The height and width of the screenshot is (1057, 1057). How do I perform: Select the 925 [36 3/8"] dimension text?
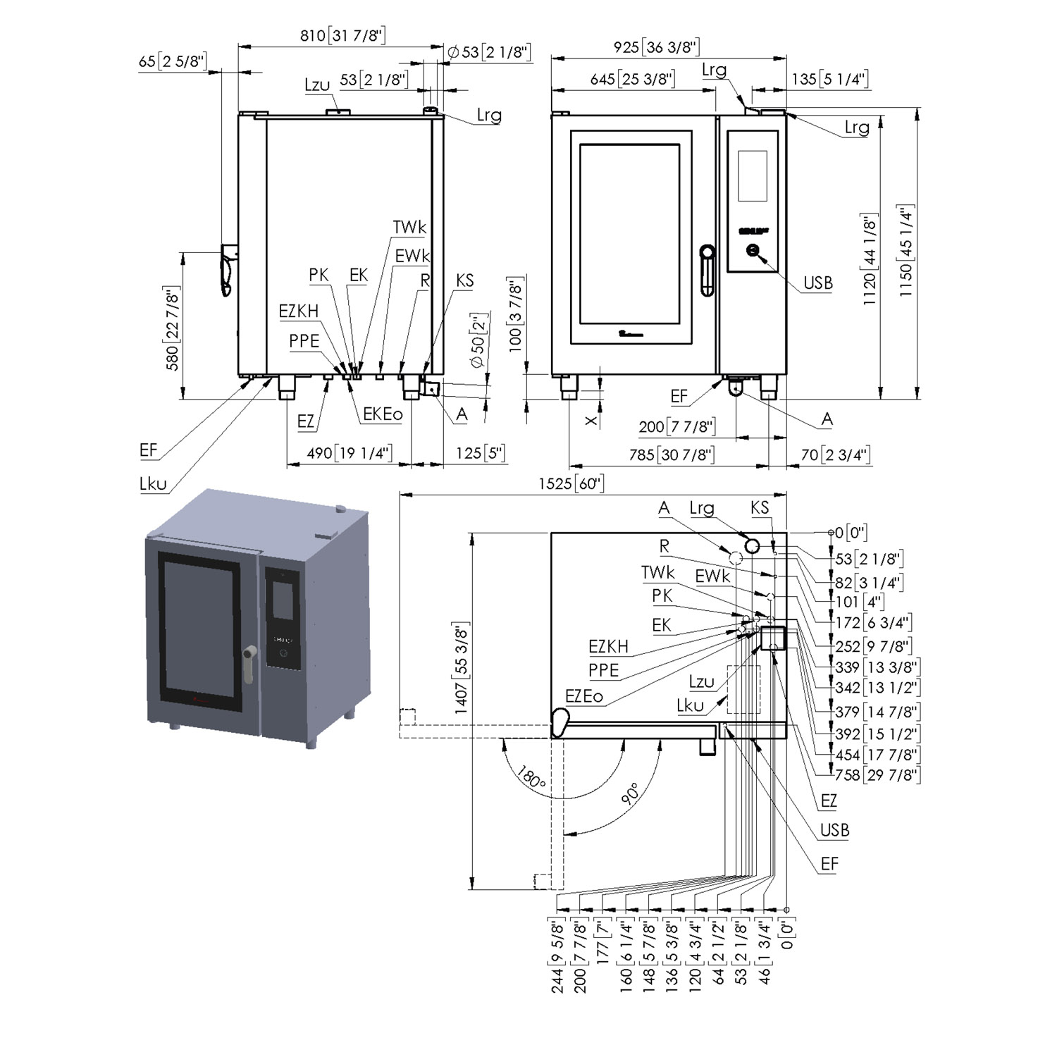(x=656, y=47)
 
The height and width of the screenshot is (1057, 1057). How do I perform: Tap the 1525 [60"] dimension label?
(x=571, y=483)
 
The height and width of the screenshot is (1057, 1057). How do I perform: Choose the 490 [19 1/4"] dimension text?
(x=350, y=452)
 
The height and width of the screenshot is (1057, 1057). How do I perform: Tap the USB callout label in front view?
(x=817, y=283)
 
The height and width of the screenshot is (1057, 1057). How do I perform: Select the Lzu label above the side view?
(x=317, y=85)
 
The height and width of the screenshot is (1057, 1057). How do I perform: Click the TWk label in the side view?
(x=409, y=227)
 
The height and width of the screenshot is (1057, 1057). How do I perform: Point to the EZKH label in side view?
(x=298, y=311)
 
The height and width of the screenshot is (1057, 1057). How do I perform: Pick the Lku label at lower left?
(x=153, y=483)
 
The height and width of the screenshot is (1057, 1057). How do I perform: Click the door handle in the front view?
(x=706, y=270)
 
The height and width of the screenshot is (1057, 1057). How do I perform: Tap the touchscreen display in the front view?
(x=752, y=175)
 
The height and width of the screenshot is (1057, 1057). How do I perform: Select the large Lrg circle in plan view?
(x=752, y=546)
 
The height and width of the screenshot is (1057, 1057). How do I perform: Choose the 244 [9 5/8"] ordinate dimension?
(x=557, y=956)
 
